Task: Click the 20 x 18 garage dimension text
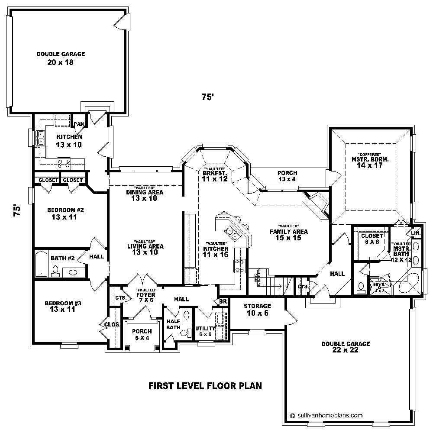tap(60, 62)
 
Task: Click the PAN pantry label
tap(79, 124)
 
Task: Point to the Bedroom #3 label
tap(63, 303)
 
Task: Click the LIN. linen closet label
tap(416, 233)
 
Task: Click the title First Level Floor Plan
tap(205, 385)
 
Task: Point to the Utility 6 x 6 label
tap(205, 331)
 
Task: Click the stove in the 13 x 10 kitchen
tap(65, 162)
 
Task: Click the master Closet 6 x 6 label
tap(372, 239)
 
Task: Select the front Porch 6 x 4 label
tap(142, 334)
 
